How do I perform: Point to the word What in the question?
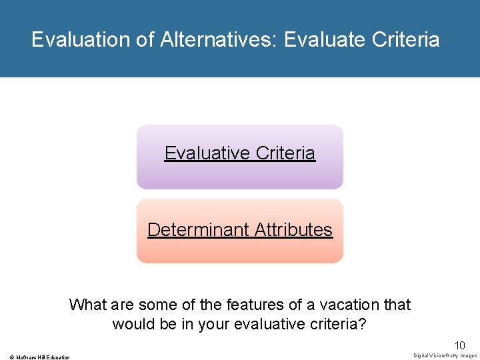click(87, 305)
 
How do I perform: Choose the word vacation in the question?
click(347, 305)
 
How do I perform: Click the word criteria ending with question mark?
click(339, 325)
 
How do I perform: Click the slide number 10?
click(459, 345)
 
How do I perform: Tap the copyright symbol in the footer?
click(5, 357)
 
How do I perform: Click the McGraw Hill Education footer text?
click(40, 357)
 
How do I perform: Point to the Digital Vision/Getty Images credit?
click(445, 356)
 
